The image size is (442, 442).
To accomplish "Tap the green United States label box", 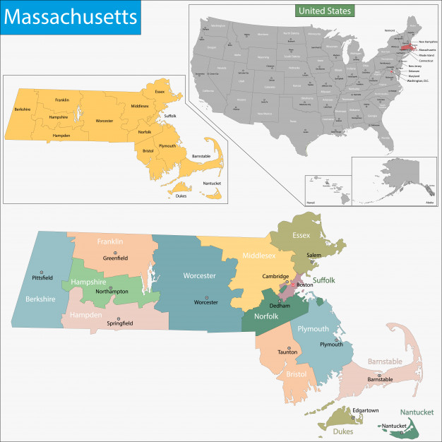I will tap(324, 11).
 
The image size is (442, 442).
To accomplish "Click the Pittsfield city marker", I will tap(42, 271).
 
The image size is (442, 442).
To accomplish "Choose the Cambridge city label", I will tap(276, 276).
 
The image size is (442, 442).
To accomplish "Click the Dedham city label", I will tap(280, 306).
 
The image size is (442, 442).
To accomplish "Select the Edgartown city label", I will tap(347, 410).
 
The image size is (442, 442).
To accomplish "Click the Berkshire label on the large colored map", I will tap(40, 299).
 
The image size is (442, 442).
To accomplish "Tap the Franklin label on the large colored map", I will tap(109, 241).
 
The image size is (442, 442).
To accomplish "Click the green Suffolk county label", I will tap(324, 280).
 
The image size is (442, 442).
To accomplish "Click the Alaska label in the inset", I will tap(429, 203).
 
